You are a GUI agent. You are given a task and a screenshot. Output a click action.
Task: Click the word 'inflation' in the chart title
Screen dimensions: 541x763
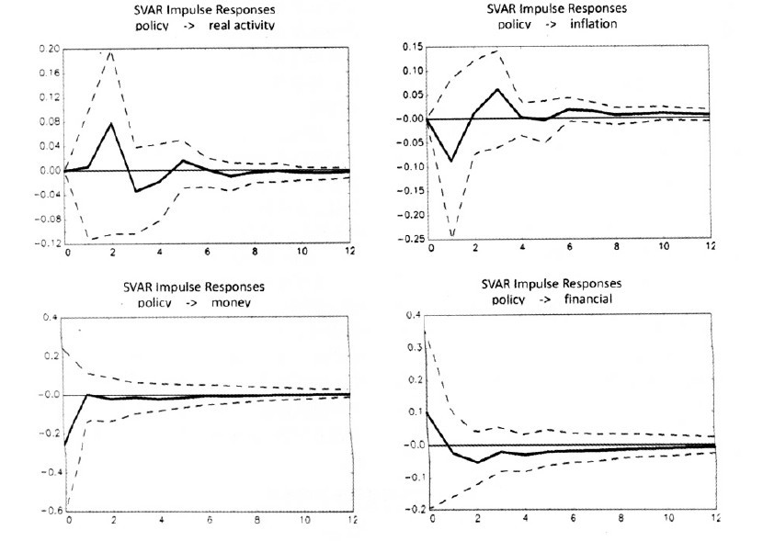click(x=593, y=23)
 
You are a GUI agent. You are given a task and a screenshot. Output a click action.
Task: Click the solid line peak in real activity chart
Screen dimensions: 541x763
click(x=112, y=123)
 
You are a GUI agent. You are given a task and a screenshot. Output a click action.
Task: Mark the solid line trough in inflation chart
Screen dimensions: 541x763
click(x=451, y=161)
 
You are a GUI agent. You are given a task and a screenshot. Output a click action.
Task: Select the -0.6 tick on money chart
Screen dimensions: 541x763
click(x=47, y=512)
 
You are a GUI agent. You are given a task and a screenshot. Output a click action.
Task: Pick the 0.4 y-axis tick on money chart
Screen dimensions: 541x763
click(x=49, y=318)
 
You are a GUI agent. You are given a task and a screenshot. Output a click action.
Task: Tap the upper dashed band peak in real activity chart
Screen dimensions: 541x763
click(x=112, y=51)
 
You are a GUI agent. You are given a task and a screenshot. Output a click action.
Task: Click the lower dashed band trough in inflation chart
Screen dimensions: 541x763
click(x=451, y=234)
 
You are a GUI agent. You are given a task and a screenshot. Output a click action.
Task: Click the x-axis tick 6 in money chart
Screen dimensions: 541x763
click(x=208, y=523)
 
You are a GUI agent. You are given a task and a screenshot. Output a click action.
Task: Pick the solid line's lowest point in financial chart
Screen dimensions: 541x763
click(x=477, y=462)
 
